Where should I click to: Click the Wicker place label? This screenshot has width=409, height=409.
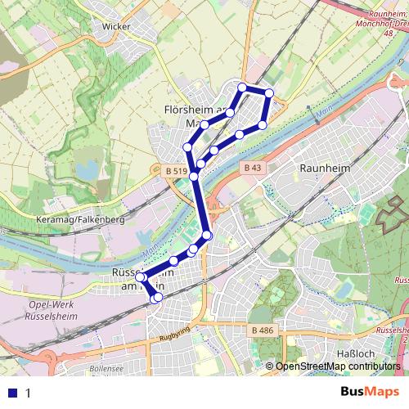tap(117, 26)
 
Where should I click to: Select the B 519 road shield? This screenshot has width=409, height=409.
tap(172, 169)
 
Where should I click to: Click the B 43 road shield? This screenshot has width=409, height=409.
tap(252, 167)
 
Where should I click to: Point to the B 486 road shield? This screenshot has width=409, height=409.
tap(261, 329)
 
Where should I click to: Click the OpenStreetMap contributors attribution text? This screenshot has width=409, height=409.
tap(337, 366)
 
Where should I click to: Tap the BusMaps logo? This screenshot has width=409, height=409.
tap(372, 392)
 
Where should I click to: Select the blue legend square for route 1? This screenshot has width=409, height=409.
tap(11, 393)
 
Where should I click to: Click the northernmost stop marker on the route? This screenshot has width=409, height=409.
tap(242, 87)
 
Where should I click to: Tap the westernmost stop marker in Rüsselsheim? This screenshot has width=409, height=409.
tap(139, 278)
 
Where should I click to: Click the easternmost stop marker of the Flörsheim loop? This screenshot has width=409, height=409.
tap(268, 93)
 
